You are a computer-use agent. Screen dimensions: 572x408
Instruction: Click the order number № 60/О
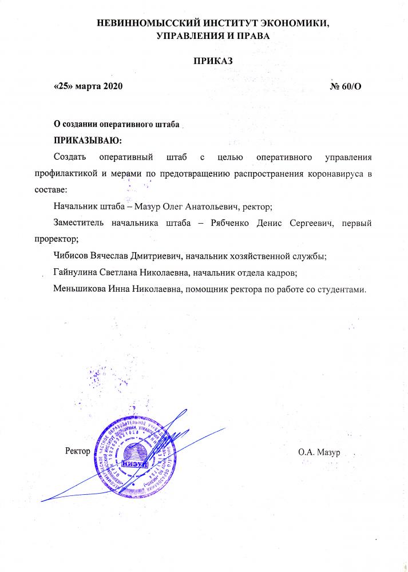(x=346, y=86)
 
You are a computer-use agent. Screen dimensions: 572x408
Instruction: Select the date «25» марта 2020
(x=88, y=86)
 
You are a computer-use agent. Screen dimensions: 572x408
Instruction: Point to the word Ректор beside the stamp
(x=78, y=451)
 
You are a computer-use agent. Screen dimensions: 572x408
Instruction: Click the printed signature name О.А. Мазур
(x=319, y=452)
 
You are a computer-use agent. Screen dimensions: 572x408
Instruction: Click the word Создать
(x=69, y=156)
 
